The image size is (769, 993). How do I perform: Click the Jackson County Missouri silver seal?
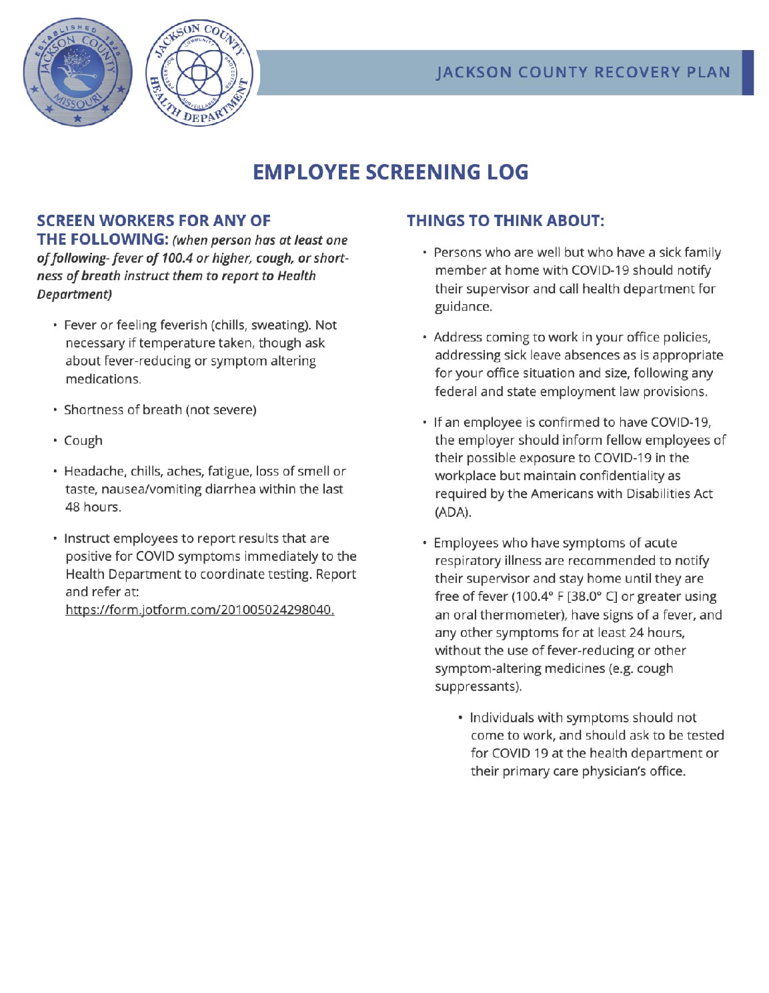click(77, 72)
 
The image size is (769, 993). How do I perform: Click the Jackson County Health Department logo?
click(199, 72)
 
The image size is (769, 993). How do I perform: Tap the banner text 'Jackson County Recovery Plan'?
click(583, 72)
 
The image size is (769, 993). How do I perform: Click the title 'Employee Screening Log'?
click(390, 172)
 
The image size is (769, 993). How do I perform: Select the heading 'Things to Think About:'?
click(505, 221)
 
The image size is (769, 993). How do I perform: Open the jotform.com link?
click(199, 610)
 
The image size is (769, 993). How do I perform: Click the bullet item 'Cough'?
click(83, 441)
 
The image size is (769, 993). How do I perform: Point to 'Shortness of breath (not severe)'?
click(160, 409)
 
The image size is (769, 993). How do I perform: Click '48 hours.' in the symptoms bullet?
click(93, 507)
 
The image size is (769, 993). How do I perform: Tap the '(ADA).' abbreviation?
click(453, 512)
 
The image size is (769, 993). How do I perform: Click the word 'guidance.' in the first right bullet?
click(464, 307)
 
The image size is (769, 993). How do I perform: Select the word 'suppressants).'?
click(478, 686)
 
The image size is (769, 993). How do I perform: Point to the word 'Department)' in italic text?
click(74, 294)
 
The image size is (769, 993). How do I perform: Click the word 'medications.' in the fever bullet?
click(103, 379)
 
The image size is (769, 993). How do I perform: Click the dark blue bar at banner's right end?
click(748, 72)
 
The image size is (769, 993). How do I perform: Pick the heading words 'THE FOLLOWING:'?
click(102, 239)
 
